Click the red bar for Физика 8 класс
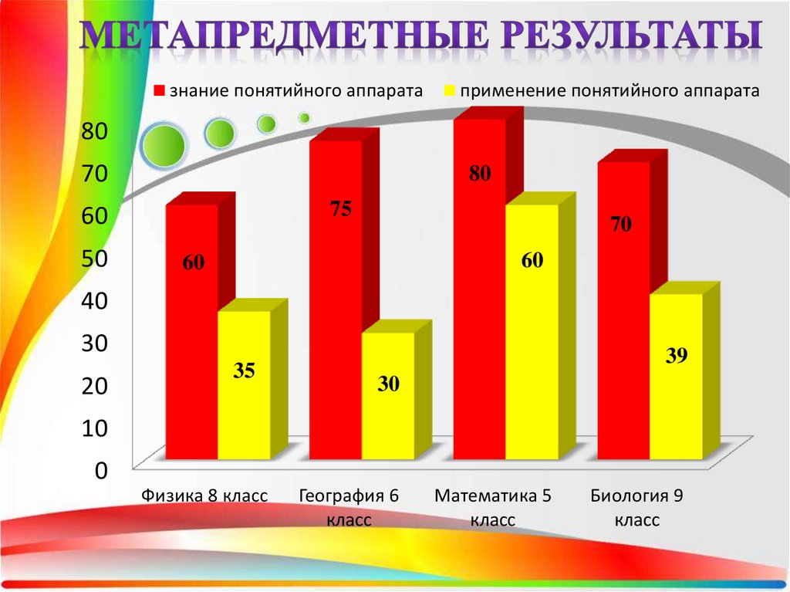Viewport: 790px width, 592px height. pyautogui.click(x=192, y=332)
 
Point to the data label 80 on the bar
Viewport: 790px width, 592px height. pyautogui.click(x=480, y=174)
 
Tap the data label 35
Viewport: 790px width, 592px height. pyautogui.click(x=244, y=371)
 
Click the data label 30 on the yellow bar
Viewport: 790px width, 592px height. pyautogui.click(x=388, y=384)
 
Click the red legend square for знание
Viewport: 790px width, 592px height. pyautogui.click(x=160, y=90)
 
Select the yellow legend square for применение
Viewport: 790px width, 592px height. pyautogui.click(x=447, y=90)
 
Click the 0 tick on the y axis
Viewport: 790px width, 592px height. pyautogui.click(x=100, y=470)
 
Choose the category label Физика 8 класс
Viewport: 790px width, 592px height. pyautogui.click(x=204, y=496)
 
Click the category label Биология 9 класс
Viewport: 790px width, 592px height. pyautogui.click(x=637, y=507)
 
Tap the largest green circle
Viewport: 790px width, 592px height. pyautogui.click(x=163, y=144)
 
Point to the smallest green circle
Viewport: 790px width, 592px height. pyautogui.click(x=305, y=118)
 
